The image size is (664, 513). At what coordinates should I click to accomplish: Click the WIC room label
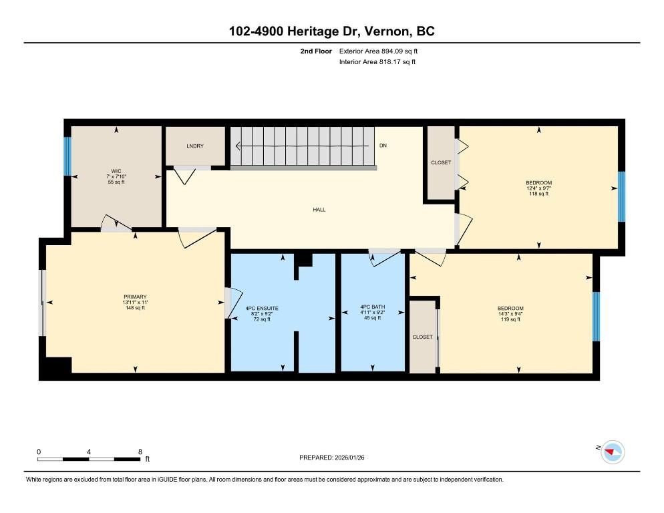[x=116, y=171]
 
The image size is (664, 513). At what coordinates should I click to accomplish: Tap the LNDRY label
[x=195, y=146]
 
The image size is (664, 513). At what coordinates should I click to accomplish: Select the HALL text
[x=319, y=210]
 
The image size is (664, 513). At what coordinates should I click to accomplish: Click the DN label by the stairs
[x=383, y=146]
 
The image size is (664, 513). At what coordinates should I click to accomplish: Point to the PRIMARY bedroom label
[x=135, y=297]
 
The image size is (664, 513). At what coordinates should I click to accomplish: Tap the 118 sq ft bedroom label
[x=538, y=183]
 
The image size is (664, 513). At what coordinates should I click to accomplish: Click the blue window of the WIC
[x=67, y=156]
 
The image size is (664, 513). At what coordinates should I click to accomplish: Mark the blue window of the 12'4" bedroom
[x=621, y=196]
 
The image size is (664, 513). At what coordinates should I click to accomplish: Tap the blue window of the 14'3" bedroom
[x=597, y=315]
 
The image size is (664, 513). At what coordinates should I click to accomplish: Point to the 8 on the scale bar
[x=139, y=452]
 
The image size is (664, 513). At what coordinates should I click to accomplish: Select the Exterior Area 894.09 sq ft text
[x=379, y=51]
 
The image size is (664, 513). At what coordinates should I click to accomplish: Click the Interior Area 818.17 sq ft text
[x=377, y=62]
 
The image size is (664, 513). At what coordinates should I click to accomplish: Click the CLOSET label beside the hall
[x=441, y=162]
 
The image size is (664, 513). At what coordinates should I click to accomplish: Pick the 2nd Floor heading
[x=317, y=51]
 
